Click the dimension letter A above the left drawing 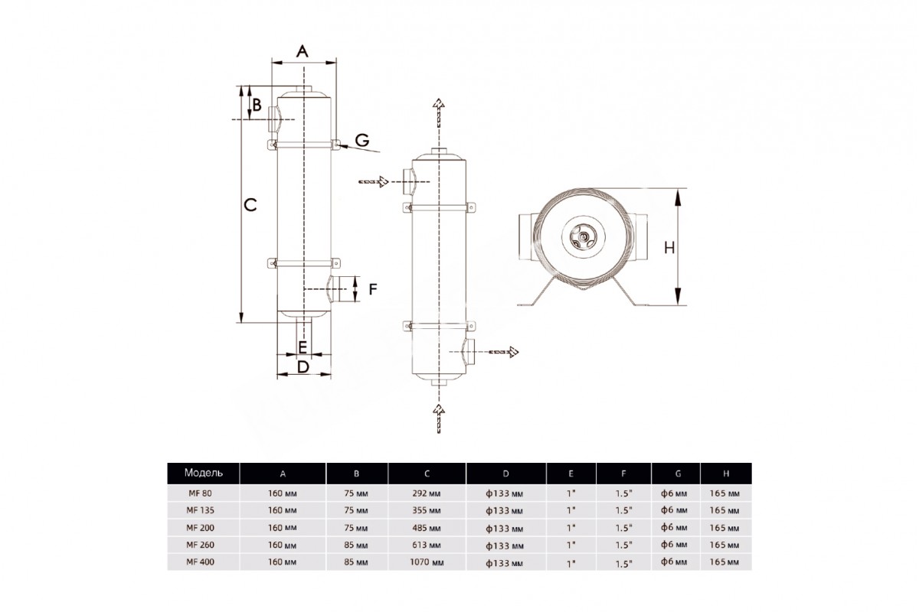coord(303,51)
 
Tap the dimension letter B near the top coord(257,104)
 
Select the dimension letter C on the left coord(250,204)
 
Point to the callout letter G coord(362,139)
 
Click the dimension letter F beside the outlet coord(374,289)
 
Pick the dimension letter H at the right coord(669,247)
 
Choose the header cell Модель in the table coord(203,473)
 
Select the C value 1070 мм coord(427,562)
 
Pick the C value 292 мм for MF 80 coord(427,493)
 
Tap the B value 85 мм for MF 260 coord(357,545)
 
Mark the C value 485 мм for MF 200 coord(427,528)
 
